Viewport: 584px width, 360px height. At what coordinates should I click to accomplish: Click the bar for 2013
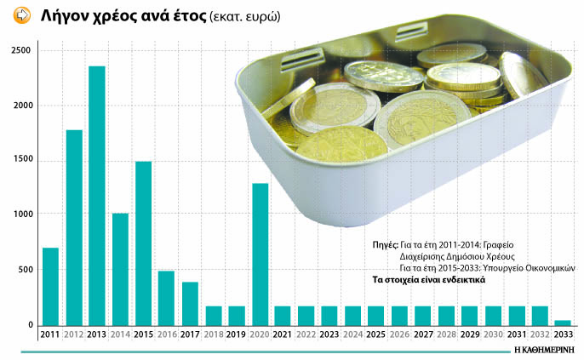pos(97,196)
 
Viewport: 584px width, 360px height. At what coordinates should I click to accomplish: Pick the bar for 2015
pos(143,243)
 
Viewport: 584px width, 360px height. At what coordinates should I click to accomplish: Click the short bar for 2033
pos(562,323)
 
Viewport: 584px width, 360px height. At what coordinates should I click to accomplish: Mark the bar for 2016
pos(166,298)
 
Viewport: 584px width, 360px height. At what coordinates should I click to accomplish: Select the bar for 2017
pos(190,303)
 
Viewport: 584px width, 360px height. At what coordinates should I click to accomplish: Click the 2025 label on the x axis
pos(375,334)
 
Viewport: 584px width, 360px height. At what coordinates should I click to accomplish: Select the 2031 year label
pos(515,334)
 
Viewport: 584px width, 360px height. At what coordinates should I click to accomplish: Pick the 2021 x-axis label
pos(283,334)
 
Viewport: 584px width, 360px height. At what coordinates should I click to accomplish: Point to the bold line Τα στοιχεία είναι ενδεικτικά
pos(428,279)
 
